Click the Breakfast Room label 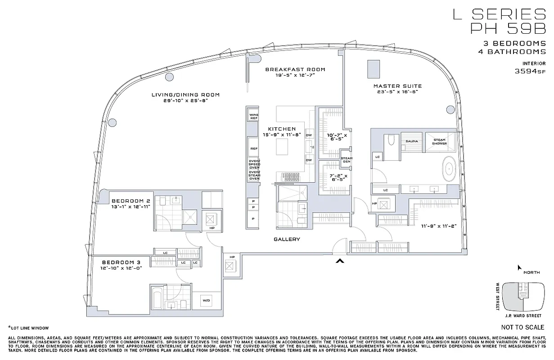point(295,69)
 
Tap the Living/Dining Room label point(185,94)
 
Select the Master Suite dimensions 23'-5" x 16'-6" point(397,92)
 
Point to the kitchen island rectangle point(282,146)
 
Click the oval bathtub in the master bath point(449,170)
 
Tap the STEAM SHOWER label point(440,141)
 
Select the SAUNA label point(411,141)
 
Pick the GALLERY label point(287,239)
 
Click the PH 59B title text point(508,28)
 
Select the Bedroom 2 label point(131,201)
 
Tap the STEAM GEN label point(347,160)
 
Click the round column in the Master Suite point(451,109)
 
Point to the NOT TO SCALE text point(522,328)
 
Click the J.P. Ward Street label point(522,315)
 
